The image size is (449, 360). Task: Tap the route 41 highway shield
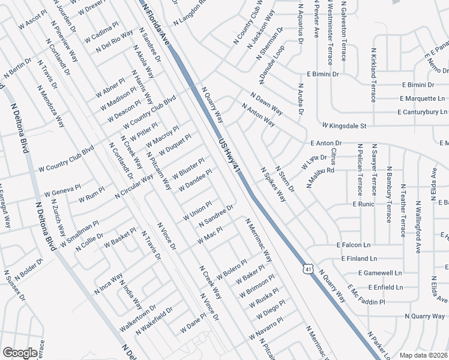(x=308, y=270)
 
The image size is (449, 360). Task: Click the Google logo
(x=20, y=353)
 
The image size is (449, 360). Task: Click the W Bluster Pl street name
(x=188, y=168)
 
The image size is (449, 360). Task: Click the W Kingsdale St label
(x=343, y=126)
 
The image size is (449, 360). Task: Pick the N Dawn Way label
(x=267, y=103)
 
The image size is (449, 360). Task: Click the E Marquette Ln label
(x=423, y=98)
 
